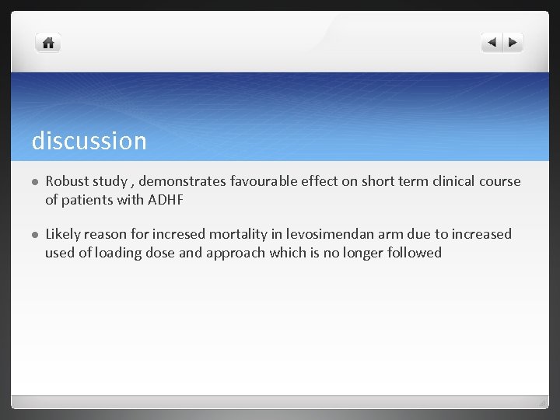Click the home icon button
pos(48,44)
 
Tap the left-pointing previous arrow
pos(492,43)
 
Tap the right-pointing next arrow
pos(513,43)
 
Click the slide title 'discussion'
pos(89,141)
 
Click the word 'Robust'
pos(68,181)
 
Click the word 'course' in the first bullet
pos(499,181)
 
